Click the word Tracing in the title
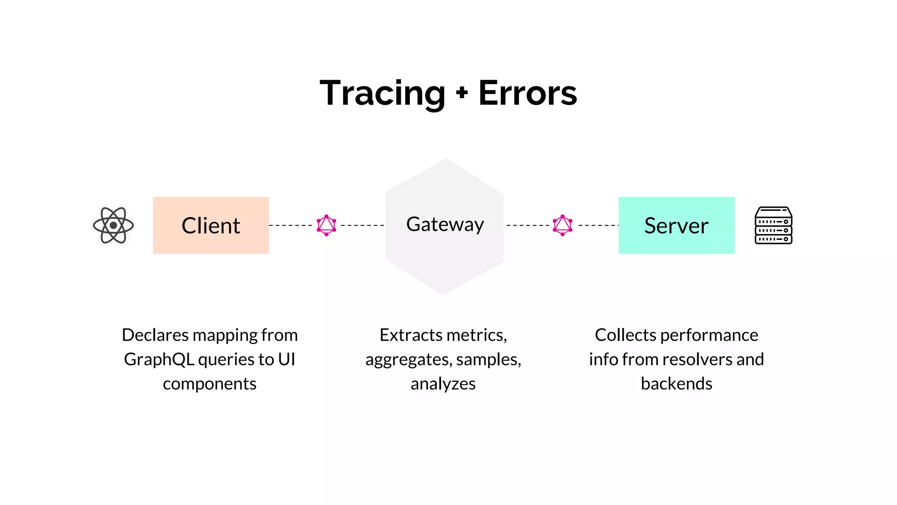click(x=382, y=93)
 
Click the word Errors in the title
click(x=527, y=93)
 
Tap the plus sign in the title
click(x=462, y=93)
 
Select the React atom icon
click(x=113, y=225)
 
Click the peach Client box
click(x=211, y=225)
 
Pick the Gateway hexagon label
click(x=445, y=224)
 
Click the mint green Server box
click(x=676, y=225)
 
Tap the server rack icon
click(x=773, y=225)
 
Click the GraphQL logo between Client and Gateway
click(x=326, y=225)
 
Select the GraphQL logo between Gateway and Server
click(x=562, y=225)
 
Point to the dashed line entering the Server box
click(x=597, y=225)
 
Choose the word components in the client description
click(x=209, y=384)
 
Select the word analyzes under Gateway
click(x=443, y=384)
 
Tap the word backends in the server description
click(x=676, y=384)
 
